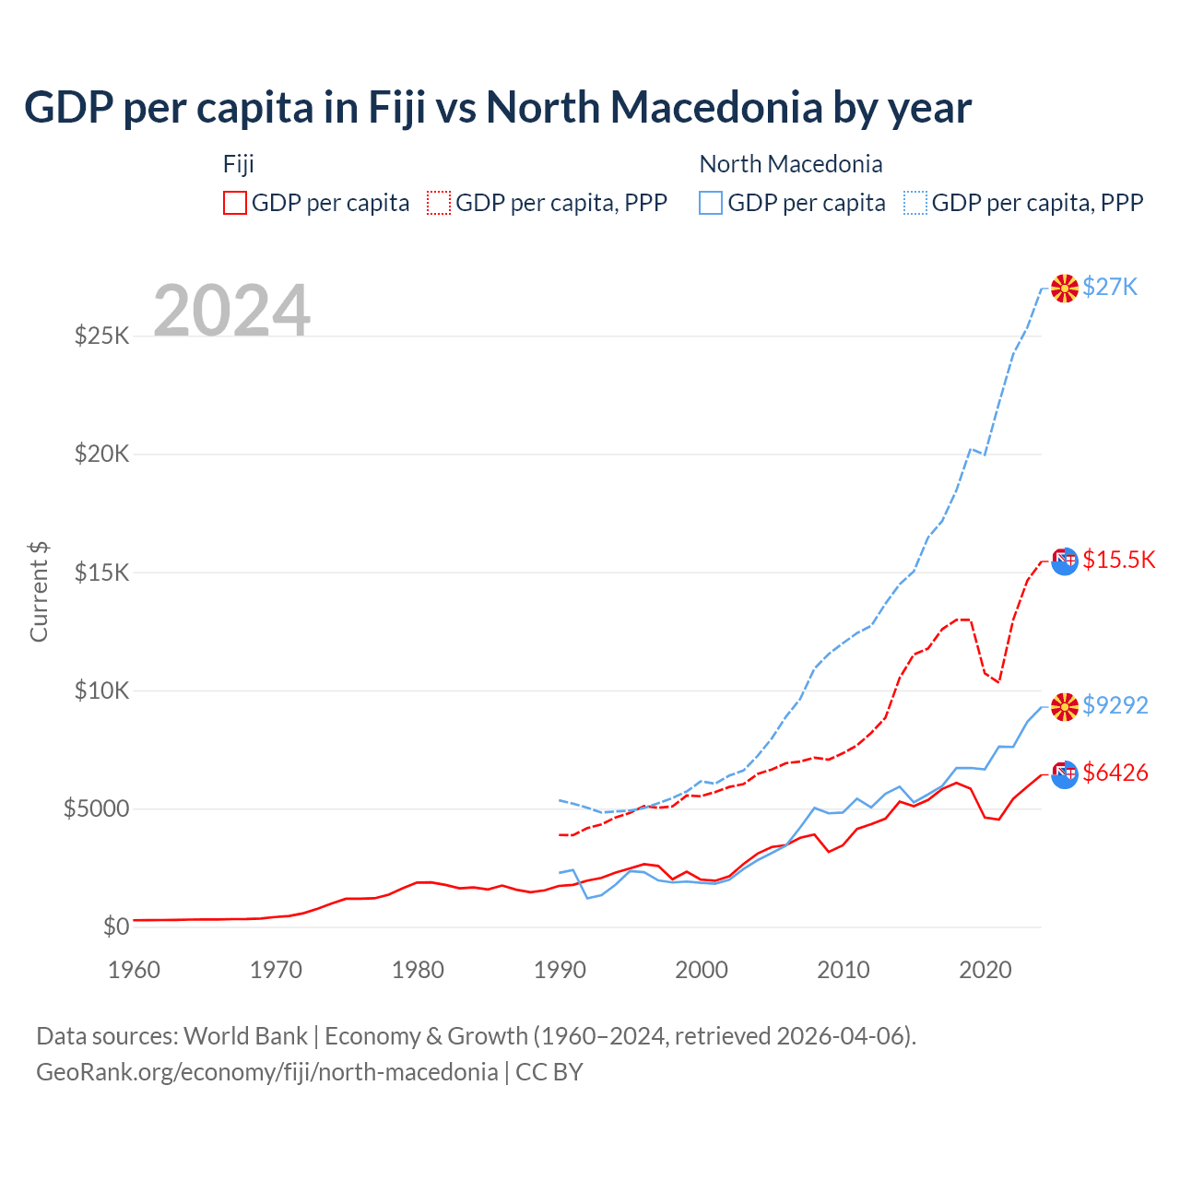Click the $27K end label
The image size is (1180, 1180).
pos(1110,288)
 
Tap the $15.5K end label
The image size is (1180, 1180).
pos(1118,560)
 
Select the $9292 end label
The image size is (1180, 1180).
pos(1115,705)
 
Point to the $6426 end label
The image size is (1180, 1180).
pos(1115,773)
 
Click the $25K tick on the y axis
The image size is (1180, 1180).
pos(101,336)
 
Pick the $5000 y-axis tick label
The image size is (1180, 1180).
pos(96,809)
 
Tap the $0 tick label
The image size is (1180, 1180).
pos(115,926)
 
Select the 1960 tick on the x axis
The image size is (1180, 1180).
pos(134,970)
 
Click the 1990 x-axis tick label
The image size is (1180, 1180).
pos(560,970)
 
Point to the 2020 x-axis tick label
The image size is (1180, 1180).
pos(985,970)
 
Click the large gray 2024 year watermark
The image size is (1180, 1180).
pos(231,311)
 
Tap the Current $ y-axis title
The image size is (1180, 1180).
pos(39,592)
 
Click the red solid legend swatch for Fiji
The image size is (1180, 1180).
pos(235,203)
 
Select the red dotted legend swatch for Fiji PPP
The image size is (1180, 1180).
pos(439,203)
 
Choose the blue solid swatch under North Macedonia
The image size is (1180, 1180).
pos(711,203)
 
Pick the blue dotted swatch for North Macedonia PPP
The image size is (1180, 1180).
pos(915,203)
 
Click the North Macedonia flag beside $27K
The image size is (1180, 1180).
pos(1064,288)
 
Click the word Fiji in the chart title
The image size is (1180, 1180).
pos(397,107)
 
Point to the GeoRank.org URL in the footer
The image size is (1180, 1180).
pos(267,1072)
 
